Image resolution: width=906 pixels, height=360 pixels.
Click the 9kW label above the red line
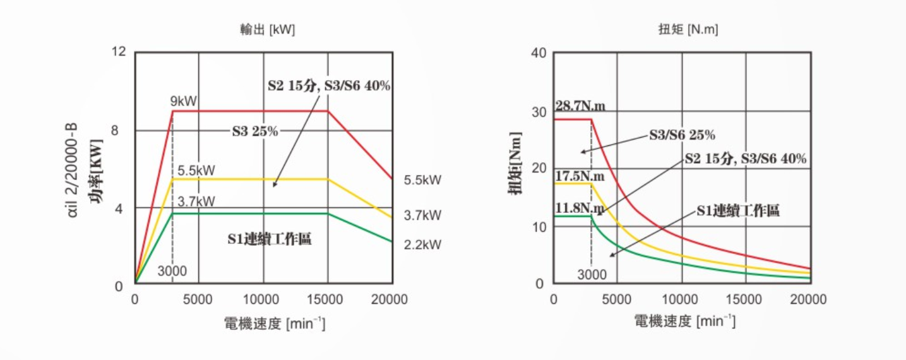(184, 101)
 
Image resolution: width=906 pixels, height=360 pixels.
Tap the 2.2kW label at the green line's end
(422, 244)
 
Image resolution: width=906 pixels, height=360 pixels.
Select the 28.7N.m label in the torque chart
(580, 105)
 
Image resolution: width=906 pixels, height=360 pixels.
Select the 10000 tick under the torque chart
(681, 299)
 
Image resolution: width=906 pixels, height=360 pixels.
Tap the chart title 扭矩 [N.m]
(687, 30)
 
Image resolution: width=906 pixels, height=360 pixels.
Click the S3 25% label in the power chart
(254, 131)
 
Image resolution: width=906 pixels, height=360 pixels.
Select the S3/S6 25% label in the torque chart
(682, 135)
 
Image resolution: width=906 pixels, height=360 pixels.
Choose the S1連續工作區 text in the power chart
(270, 239)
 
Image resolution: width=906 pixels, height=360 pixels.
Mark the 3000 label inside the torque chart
(592, 275)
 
